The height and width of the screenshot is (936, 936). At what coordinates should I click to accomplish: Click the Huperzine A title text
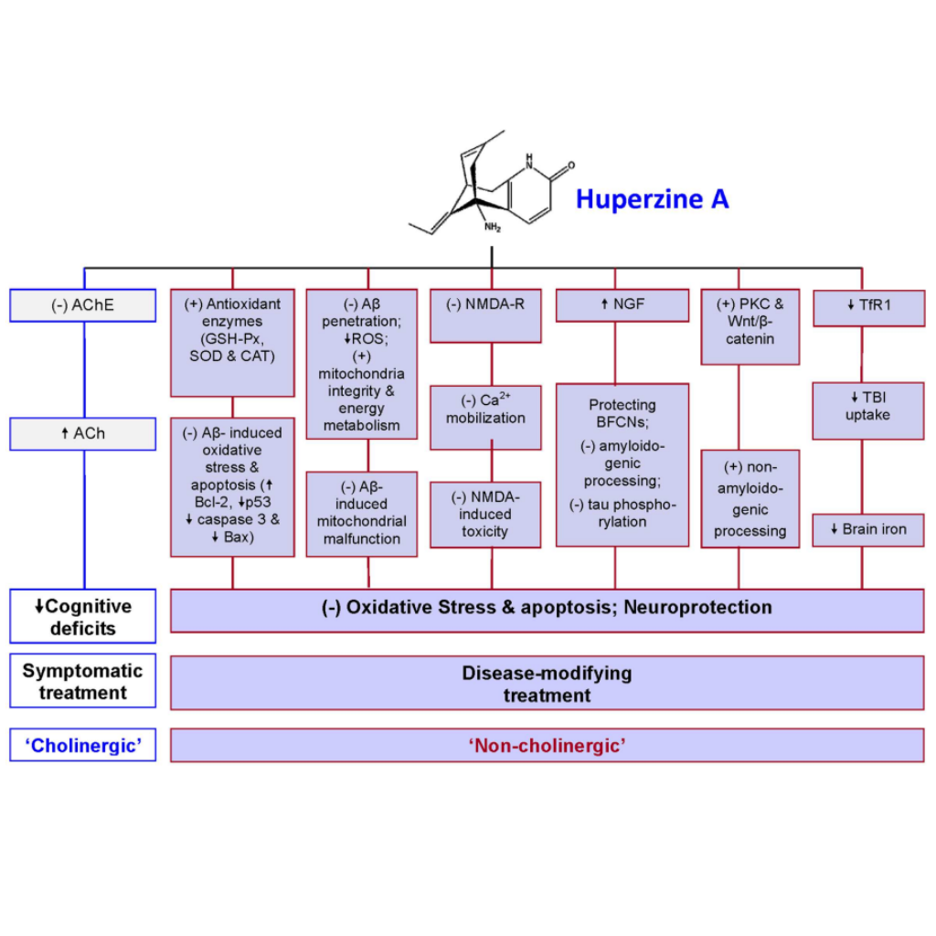point(652,199)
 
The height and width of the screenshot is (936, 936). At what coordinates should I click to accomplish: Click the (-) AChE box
point(83,305)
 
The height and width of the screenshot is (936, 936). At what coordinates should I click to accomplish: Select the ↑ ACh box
point(83,433)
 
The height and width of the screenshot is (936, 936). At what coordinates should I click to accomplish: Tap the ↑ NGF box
point(622,305)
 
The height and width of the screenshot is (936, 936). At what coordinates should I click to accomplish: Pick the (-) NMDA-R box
point(485,315)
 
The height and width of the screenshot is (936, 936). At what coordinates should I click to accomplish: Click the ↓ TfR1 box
point(868,307)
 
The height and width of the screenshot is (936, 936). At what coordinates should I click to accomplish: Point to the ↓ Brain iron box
point(868,530)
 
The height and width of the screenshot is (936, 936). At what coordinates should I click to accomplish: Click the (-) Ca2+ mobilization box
point(485,417)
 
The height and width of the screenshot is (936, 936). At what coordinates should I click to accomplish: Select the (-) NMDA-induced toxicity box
point(485,514)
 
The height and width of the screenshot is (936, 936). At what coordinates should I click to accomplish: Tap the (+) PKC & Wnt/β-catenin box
point(750,326)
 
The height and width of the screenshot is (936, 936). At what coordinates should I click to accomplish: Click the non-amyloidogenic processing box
point(750,498)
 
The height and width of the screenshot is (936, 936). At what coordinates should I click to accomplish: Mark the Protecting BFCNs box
point(622,463)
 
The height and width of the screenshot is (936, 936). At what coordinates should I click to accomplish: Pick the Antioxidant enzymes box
point(232,343)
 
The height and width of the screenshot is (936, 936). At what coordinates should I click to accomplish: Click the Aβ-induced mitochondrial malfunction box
point(361,513)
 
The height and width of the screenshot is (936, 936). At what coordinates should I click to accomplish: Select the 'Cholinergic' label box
point(83,745)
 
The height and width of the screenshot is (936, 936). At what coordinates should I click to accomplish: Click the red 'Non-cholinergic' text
point(547,745)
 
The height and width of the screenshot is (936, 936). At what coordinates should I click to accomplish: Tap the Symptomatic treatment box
point(83,682)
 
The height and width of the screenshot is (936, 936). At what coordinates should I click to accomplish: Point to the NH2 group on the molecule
point(493,228)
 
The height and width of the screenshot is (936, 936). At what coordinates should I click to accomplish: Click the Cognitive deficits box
point(83,617)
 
